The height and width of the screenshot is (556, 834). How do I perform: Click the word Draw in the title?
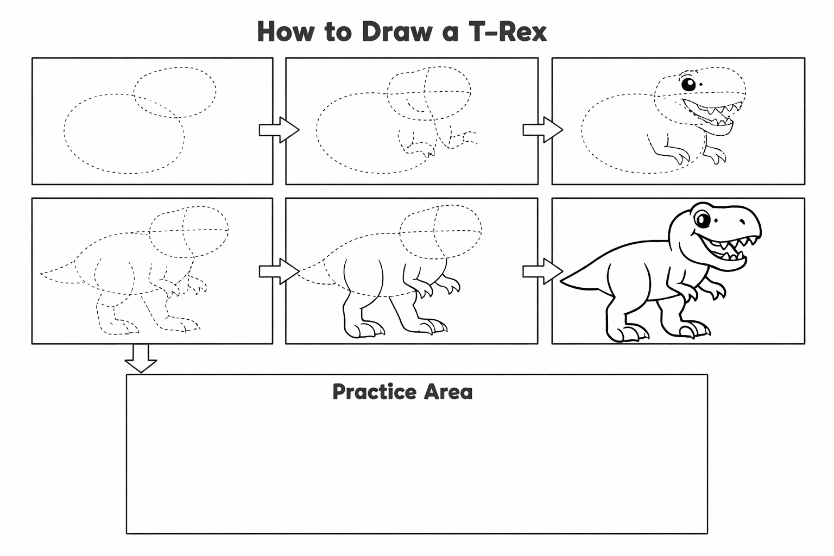pos(397,31)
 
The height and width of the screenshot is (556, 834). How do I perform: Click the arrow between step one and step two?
pos(279,130)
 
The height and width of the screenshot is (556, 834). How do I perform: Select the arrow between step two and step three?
pos(543,130)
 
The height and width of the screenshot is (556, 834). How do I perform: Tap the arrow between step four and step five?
pos(279,271)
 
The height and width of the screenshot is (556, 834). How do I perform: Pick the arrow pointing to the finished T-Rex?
pos(543,271)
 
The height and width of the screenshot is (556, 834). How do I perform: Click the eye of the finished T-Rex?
pos(702,220)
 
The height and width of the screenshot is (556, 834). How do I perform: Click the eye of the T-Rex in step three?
pos(688,84)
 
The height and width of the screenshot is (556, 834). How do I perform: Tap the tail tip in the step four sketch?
pos(41,274)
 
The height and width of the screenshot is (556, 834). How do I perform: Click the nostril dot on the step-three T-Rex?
pos(701,85)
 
